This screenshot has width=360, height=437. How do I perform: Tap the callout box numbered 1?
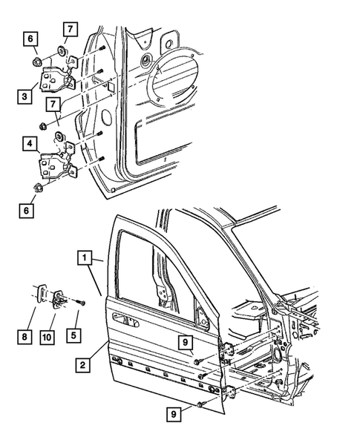pos(85,259)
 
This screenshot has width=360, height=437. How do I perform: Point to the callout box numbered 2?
pos(85,365)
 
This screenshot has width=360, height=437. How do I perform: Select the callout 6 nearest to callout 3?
pos(30,39)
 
